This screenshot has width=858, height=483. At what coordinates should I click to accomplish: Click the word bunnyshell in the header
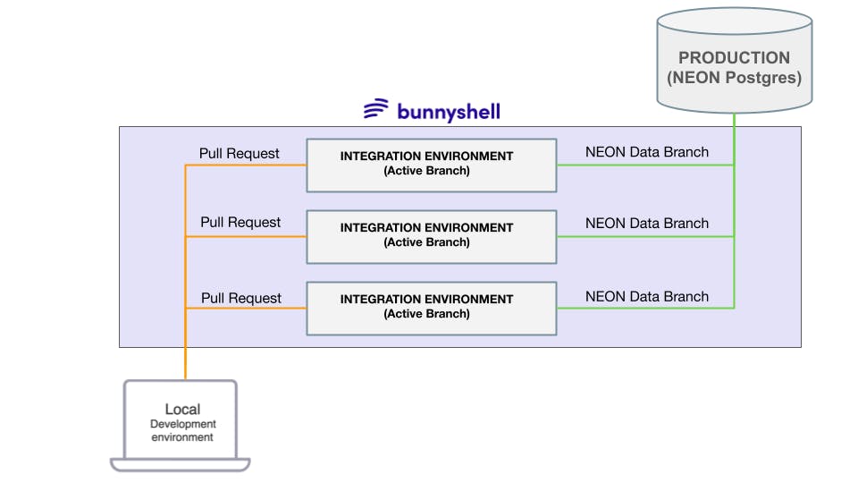click(449, 112)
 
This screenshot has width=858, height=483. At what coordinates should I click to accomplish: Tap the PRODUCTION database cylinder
click(735, 59)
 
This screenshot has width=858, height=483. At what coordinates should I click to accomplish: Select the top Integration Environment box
click(431, 165)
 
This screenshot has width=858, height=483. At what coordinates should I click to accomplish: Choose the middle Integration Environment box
click(431, 236)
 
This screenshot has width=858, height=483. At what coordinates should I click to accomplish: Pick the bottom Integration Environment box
click(431, 308)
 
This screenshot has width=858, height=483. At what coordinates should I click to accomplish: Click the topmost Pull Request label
click(240, 153)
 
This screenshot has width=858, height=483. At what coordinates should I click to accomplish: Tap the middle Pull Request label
click(240, 222)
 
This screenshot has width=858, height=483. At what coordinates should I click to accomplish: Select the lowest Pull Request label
click(240, 298)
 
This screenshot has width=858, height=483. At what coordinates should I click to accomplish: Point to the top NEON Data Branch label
click(646, 152)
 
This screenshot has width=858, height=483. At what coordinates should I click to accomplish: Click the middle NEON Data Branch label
click(646, 224)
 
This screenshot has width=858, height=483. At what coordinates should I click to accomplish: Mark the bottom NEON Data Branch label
click(646, 296)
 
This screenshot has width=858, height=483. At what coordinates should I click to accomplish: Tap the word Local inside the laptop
click(182, 410)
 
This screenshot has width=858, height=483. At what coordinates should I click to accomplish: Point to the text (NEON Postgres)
click(734, 78)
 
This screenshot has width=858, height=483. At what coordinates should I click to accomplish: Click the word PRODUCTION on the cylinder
click(734, 58)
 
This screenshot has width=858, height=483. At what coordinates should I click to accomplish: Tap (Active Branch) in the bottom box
click(426, 314)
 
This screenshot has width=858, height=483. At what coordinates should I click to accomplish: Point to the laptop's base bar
click(181, 464)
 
